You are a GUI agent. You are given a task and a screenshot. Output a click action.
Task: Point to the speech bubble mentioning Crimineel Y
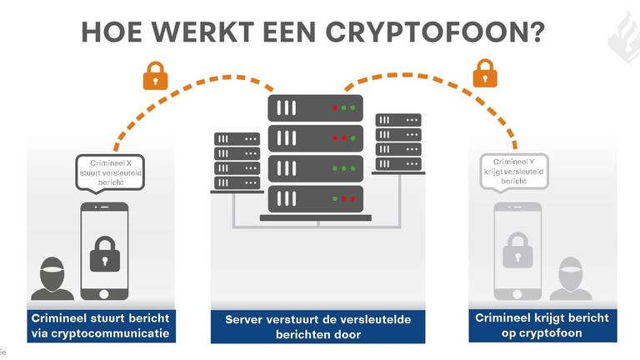coord(514,171)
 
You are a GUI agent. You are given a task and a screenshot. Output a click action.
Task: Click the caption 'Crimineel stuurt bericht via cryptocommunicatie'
coord(100,326)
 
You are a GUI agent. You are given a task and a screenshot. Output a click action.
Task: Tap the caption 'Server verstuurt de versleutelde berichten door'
coord(317,327)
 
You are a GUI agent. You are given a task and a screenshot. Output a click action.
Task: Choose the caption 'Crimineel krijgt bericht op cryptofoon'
coord(542,326)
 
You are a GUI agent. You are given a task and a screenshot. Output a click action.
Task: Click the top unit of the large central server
coord(315,108)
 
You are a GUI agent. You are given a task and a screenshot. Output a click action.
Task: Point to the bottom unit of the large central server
coord(315,198)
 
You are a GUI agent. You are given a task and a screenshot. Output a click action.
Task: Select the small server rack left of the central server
coord(237,162)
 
